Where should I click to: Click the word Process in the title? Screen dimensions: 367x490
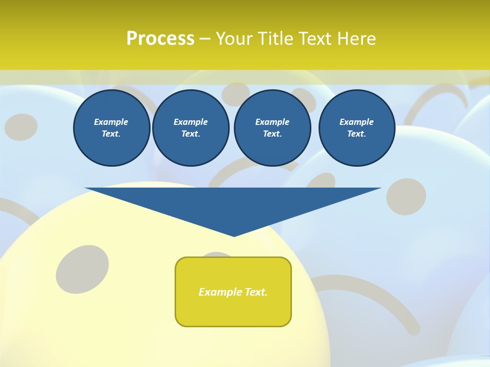[160, 38]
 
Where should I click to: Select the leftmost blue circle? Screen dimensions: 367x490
[111, 127]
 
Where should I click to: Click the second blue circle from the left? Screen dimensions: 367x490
[190, 127]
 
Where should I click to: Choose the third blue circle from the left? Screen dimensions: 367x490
[272, 127]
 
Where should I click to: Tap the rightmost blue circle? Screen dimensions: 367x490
[356, 127]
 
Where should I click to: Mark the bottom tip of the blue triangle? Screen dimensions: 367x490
[234, 235]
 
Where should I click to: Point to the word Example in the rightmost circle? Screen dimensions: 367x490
[356, 122]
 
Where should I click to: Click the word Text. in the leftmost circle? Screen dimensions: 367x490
[111, 134]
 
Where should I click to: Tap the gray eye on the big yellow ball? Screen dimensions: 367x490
[82, 269]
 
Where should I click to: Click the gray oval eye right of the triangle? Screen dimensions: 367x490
[406, 196]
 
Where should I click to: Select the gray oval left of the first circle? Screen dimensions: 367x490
[21, 127]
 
